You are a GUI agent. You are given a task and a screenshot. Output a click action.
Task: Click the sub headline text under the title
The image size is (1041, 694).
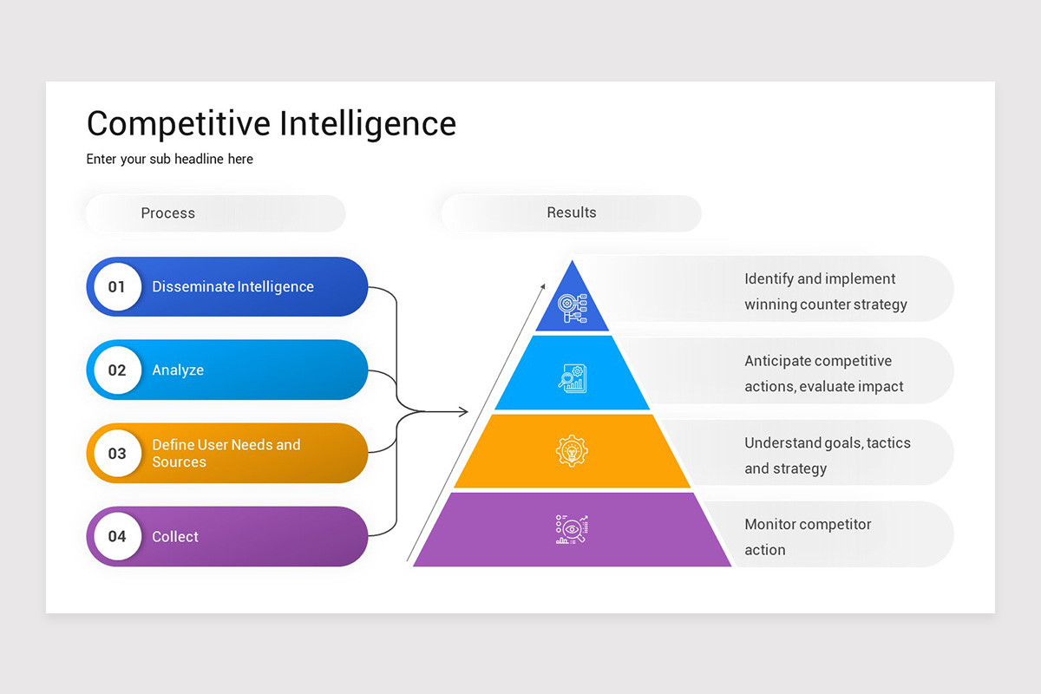[x=170, y=160]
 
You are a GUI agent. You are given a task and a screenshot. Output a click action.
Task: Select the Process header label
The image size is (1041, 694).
[x=168, y=213]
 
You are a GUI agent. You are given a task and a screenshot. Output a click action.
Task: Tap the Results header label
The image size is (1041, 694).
[x=572, y=213]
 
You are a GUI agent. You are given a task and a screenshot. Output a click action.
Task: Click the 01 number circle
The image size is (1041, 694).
[x=117, y=286]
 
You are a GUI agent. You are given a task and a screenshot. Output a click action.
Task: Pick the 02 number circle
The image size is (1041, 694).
[x=117, y=370]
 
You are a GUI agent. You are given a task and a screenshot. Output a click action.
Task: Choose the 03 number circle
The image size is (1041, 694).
[x=117, y=453]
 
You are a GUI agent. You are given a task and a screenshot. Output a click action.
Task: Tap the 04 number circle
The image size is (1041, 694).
[x=117, y=536]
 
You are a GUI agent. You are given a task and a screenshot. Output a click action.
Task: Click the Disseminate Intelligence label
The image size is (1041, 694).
[x=232, y=286]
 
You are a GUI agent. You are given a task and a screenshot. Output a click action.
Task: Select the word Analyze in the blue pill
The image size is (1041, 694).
[x=178, y=370]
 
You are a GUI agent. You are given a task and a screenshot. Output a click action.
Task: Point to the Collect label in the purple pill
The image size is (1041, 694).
[x=175, y=536]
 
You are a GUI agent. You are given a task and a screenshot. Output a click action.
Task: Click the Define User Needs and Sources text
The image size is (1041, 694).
[x=226, y=453]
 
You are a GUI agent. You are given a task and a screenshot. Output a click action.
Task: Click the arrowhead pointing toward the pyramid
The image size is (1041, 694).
[x=464, y=411]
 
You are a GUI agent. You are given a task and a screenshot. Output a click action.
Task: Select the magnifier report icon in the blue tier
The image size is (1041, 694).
[x=573, y=377]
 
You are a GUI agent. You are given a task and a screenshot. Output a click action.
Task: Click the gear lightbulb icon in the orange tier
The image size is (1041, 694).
[x=572, y=451]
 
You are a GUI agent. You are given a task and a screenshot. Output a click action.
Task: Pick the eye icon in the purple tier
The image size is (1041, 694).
[x=572, y=529]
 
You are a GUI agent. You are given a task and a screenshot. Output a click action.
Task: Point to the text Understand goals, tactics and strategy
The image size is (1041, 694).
[x=827, y=455]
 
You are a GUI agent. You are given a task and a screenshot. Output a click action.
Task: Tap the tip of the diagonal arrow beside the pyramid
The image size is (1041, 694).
[x=544, y=285]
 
